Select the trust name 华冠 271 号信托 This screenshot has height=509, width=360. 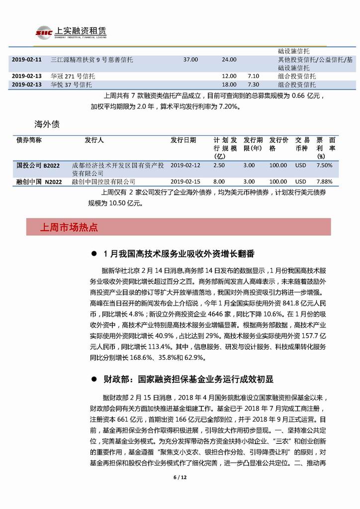pyautogui.click(x=73, y=76)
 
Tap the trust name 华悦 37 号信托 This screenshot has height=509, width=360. pyautogui.click(x=71, y=85)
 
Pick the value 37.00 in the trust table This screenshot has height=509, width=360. pyautogui.click(x=190, y=59)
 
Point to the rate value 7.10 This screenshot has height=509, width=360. pyautogui.click(x=253, y=76)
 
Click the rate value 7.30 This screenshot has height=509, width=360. pyautogui.click(x=253, y=85)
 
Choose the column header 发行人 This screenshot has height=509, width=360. pyautogui.click(x=94, y=140)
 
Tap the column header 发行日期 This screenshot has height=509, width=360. pyautogui.click(x=183, y=140)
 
